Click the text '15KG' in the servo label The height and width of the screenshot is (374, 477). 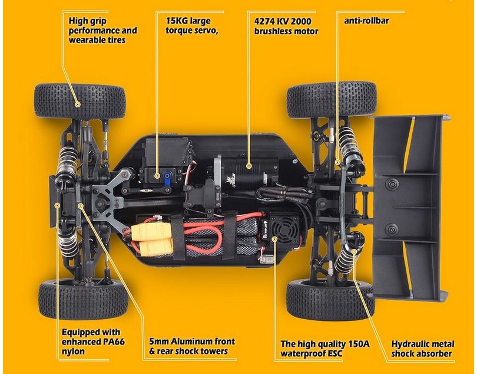tap(177, 21)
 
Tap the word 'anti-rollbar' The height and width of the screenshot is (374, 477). tap(366, 21)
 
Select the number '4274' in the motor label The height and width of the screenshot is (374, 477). tap(264, 21)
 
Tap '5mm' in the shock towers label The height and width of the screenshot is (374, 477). tap(158, 342)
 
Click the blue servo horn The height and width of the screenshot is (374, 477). tap(168, 180)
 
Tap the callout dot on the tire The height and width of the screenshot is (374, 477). tap(78, 104)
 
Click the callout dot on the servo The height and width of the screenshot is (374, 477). tap(157, 176)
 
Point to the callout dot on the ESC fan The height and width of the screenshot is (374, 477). tap(274, 239)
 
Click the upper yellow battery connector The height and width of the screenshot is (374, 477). tap(148, 231)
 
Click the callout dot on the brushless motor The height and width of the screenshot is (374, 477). tap(249, 166)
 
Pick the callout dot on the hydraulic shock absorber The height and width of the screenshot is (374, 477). tap(354, 251)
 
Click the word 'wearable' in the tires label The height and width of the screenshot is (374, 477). tap(86, 40)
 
